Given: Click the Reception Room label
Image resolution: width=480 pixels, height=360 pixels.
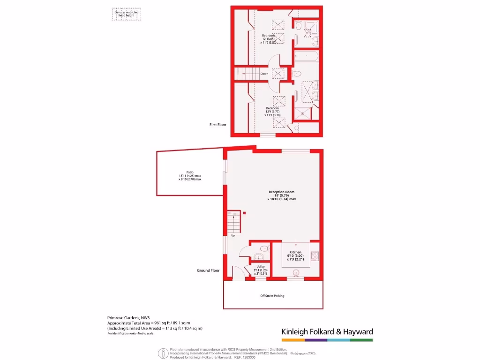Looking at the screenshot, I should [x=281, y=192].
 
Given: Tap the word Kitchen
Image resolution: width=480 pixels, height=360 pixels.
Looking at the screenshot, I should [x=295, y=252].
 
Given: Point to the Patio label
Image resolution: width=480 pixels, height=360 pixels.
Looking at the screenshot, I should [x=190, y=172].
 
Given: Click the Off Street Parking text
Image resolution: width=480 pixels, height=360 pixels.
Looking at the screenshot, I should [x=272, y=296].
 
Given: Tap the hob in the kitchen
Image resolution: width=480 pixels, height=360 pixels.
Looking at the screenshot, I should [x=315, y=255].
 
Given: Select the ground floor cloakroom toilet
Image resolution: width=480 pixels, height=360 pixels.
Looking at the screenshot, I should [x=264, y=248].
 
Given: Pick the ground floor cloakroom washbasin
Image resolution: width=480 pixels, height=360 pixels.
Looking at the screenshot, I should [x=258, y=256].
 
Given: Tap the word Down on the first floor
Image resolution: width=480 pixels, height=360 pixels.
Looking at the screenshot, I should [x=264, y=74].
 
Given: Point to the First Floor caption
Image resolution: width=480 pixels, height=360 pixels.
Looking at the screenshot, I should [x=217, y=125].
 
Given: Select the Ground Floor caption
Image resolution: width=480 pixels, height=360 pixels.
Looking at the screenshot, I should [x=208, y=270].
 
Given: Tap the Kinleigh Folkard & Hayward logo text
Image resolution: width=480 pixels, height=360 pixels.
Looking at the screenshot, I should [x=327, y=332].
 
